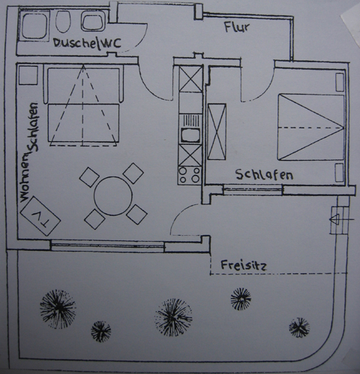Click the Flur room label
236,27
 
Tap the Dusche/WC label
87,43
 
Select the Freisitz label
244,265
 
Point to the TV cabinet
40,216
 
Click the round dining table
113,196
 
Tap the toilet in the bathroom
62,22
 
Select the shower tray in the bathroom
34,26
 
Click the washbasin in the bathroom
92,23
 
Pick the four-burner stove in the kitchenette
190,176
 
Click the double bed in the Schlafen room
310,127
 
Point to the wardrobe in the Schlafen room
217,131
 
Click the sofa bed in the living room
83,105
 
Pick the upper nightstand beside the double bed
340,82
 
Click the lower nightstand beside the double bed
339,172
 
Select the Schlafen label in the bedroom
264,175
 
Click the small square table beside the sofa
28,75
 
